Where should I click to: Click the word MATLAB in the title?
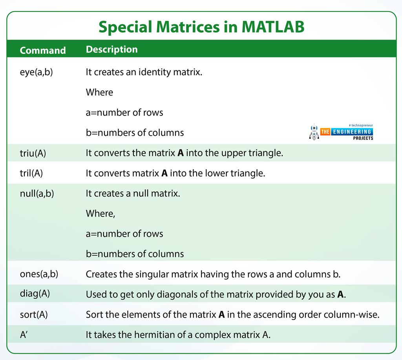click(273, 27)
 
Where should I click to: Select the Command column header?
click(43, 50)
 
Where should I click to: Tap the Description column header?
click(112, 49)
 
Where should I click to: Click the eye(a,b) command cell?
click(37, 72)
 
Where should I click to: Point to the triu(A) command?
click(33, 153)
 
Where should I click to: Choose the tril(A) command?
click(31, 173)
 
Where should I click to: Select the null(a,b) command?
click(37, 193)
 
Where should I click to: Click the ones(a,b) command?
click(39, 274)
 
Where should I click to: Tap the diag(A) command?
click(35, 294)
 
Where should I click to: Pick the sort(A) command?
click(34, 314)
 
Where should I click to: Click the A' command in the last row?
click(24, 334)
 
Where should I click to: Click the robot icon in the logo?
click(314, 132)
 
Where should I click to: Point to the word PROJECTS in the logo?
click(363, 138)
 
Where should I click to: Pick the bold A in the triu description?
click(181, 153)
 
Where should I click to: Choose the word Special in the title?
click(125, 27)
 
